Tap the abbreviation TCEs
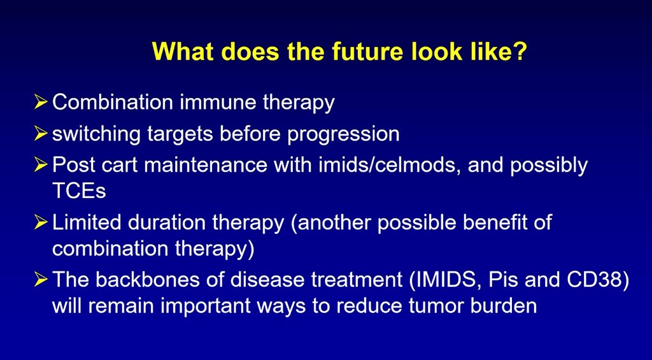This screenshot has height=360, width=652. coord(79,191)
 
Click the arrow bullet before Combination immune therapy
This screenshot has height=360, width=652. coord(41,103)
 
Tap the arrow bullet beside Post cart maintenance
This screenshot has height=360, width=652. coord(41,165)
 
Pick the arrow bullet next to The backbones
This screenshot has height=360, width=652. coord(41,279)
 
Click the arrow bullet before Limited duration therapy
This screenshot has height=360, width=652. coord(41,222)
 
